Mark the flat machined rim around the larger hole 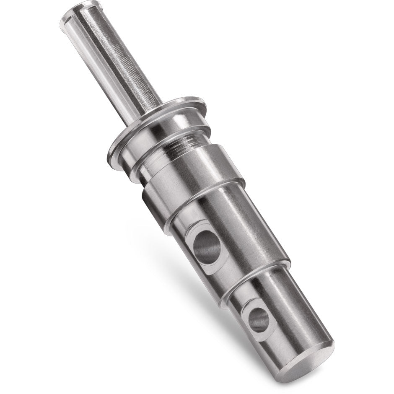[x=197, y=256]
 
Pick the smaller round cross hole [x=258, y=320]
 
